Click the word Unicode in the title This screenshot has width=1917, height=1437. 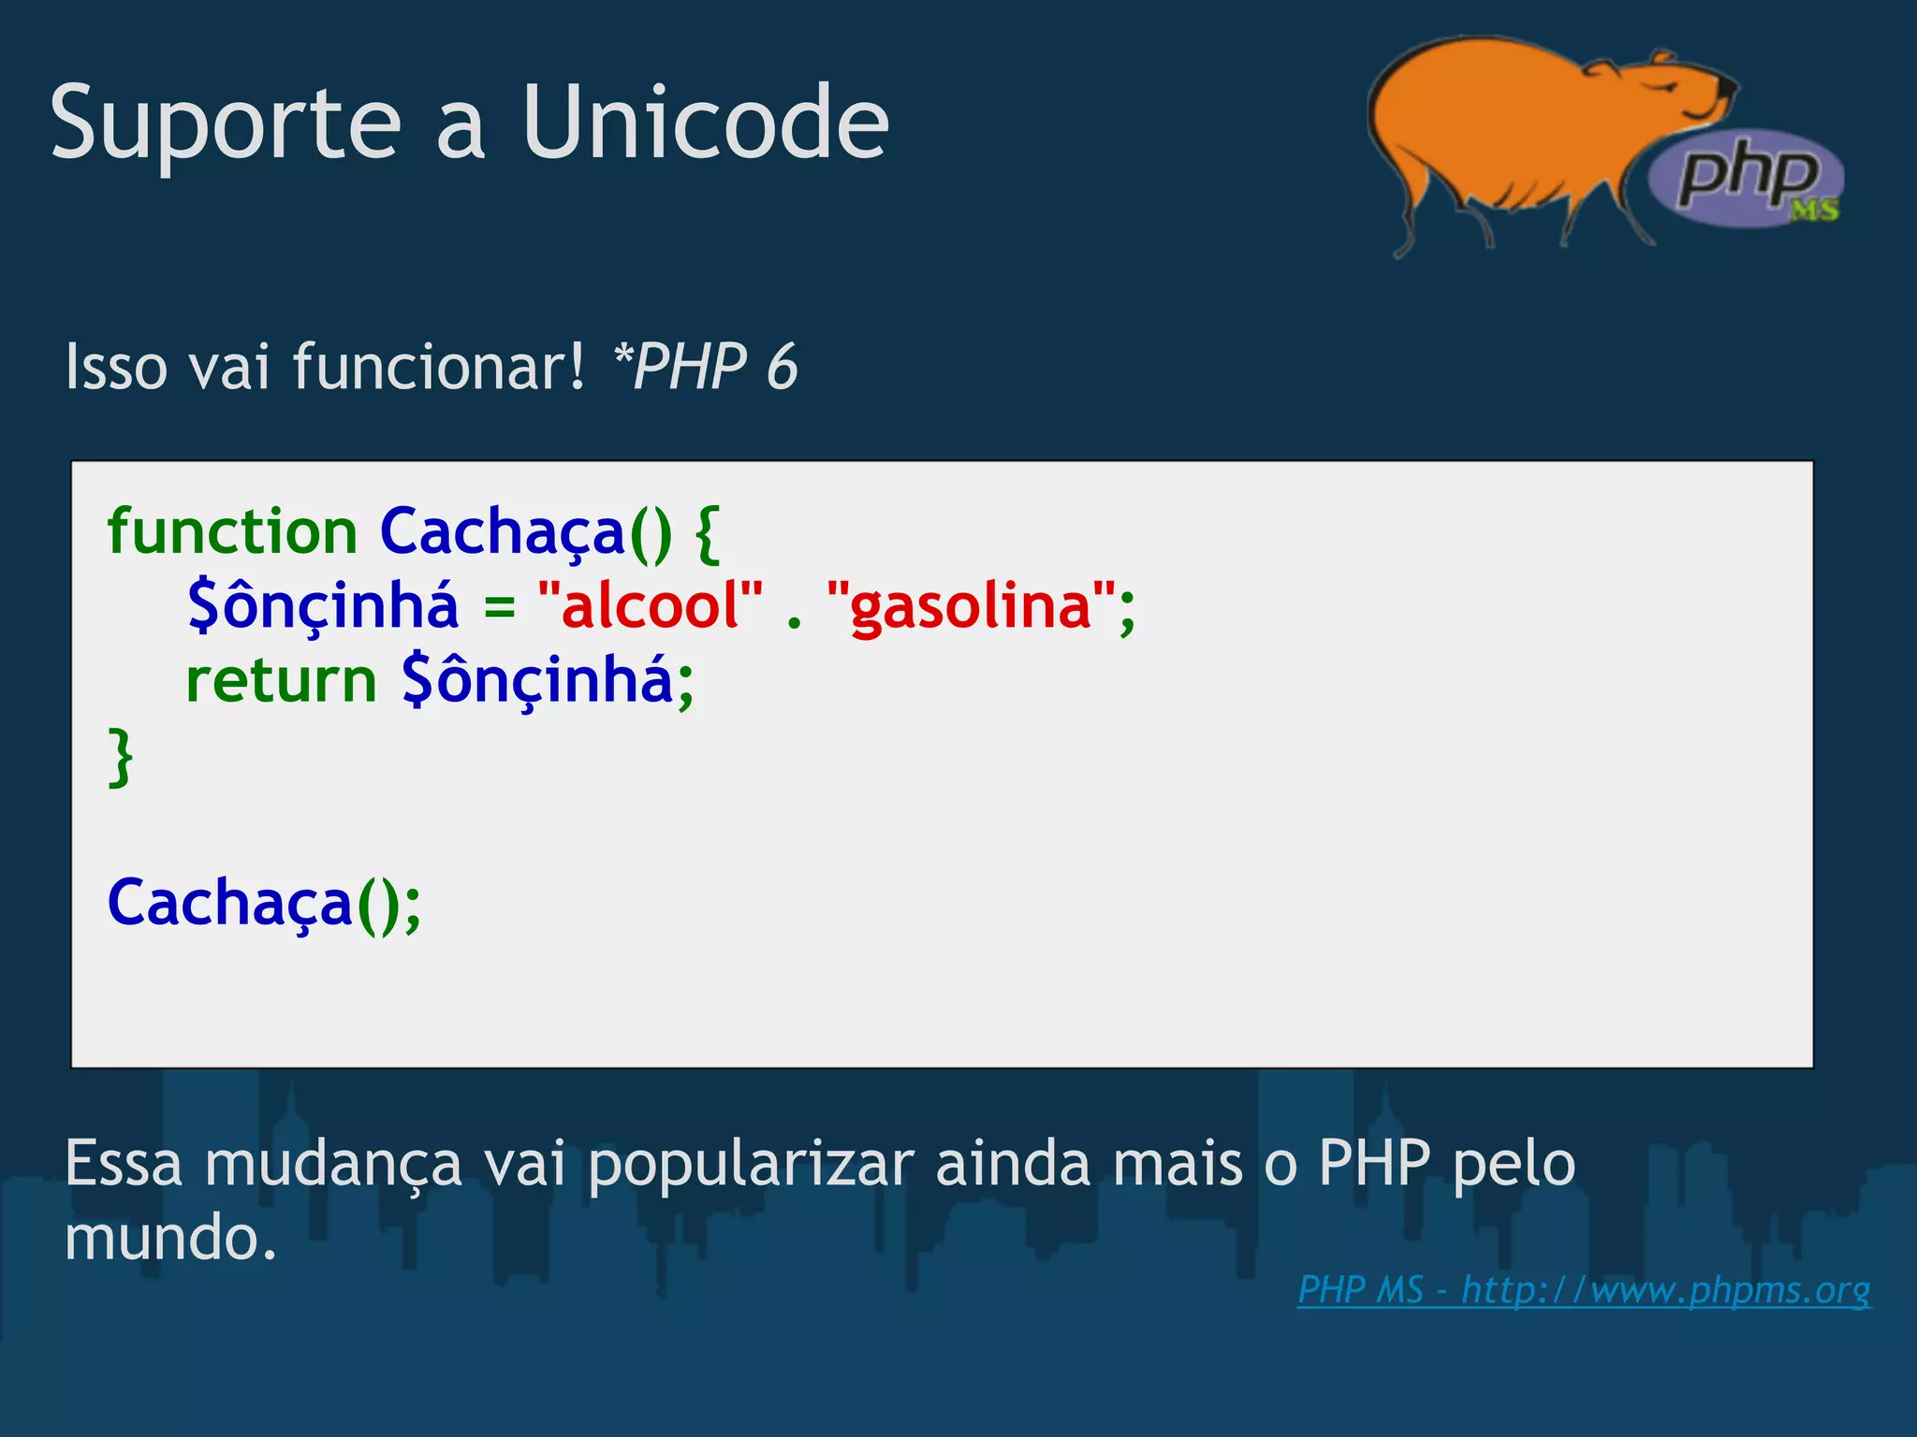coord(705,123)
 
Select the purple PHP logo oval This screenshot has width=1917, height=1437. coord(1746,178)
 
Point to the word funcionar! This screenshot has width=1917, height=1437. coord(438,366)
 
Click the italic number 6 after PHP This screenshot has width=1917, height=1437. coord(782,366)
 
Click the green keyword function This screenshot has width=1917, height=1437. coord(232,531)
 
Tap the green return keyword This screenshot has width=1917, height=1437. coord(281,680)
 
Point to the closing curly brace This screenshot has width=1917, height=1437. coord(121,756)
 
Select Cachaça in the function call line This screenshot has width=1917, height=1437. coord(230,904)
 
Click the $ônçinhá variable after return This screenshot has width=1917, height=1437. coord(537,680)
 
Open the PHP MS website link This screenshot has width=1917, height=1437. coord(1584,1290)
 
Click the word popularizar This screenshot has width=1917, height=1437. coord(751,1165)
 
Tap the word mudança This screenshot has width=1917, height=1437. coord(333,1165)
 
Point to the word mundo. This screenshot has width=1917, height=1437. coord(170,1238)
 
